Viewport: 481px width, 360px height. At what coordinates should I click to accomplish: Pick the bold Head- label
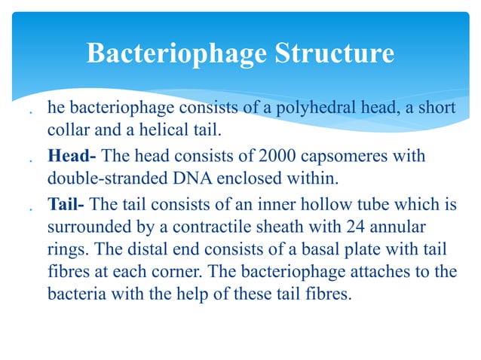click(x=72, y=157)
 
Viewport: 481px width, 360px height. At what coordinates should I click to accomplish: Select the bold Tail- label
click(x=67, y=204)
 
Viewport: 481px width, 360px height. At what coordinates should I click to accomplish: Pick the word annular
click(x=400, y=226)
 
